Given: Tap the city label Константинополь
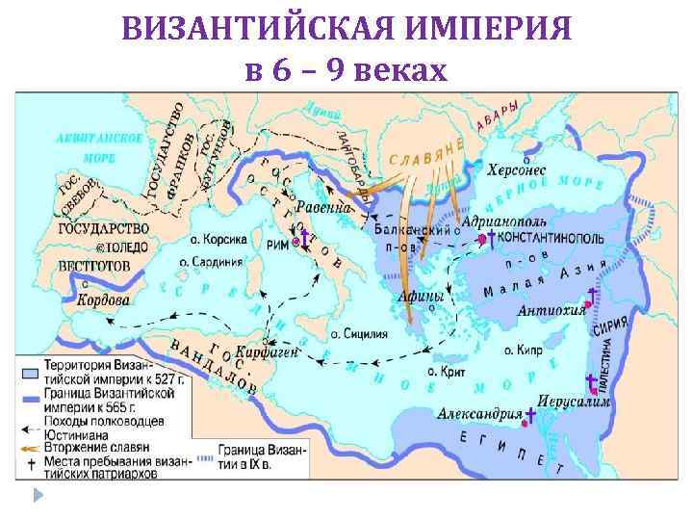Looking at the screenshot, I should point(550,237).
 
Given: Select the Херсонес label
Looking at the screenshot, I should point(514,169).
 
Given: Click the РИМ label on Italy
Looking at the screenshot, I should point(278,245).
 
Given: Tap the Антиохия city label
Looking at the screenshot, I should point(552,310).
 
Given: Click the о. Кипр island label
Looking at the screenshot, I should point(519,350).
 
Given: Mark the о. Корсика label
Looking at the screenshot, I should point(218,239).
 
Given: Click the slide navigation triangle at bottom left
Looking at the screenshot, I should point(38,497).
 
